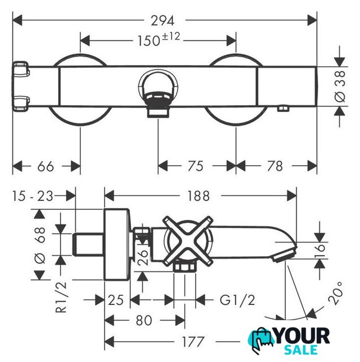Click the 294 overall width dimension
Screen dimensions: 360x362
163,21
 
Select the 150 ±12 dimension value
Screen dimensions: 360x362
159,39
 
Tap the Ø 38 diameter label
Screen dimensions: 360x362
340,87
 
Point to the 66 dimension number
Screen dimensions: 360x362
46,166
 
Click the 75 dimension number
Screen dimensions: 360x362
196,166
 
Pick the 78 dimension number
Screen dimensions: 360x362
275,166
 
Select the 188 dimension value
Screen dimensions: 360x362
198,196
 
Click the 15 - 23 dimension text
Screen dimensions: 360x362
33,196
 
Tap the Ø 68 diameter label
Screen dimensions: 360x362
40,245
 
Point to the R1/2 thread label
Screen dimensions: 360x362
61,298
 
